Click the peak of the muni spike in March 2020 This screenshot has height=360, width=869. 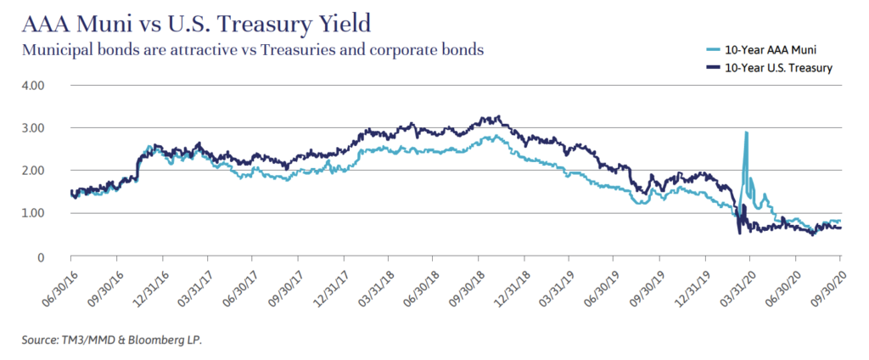[x=746, y=133]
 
